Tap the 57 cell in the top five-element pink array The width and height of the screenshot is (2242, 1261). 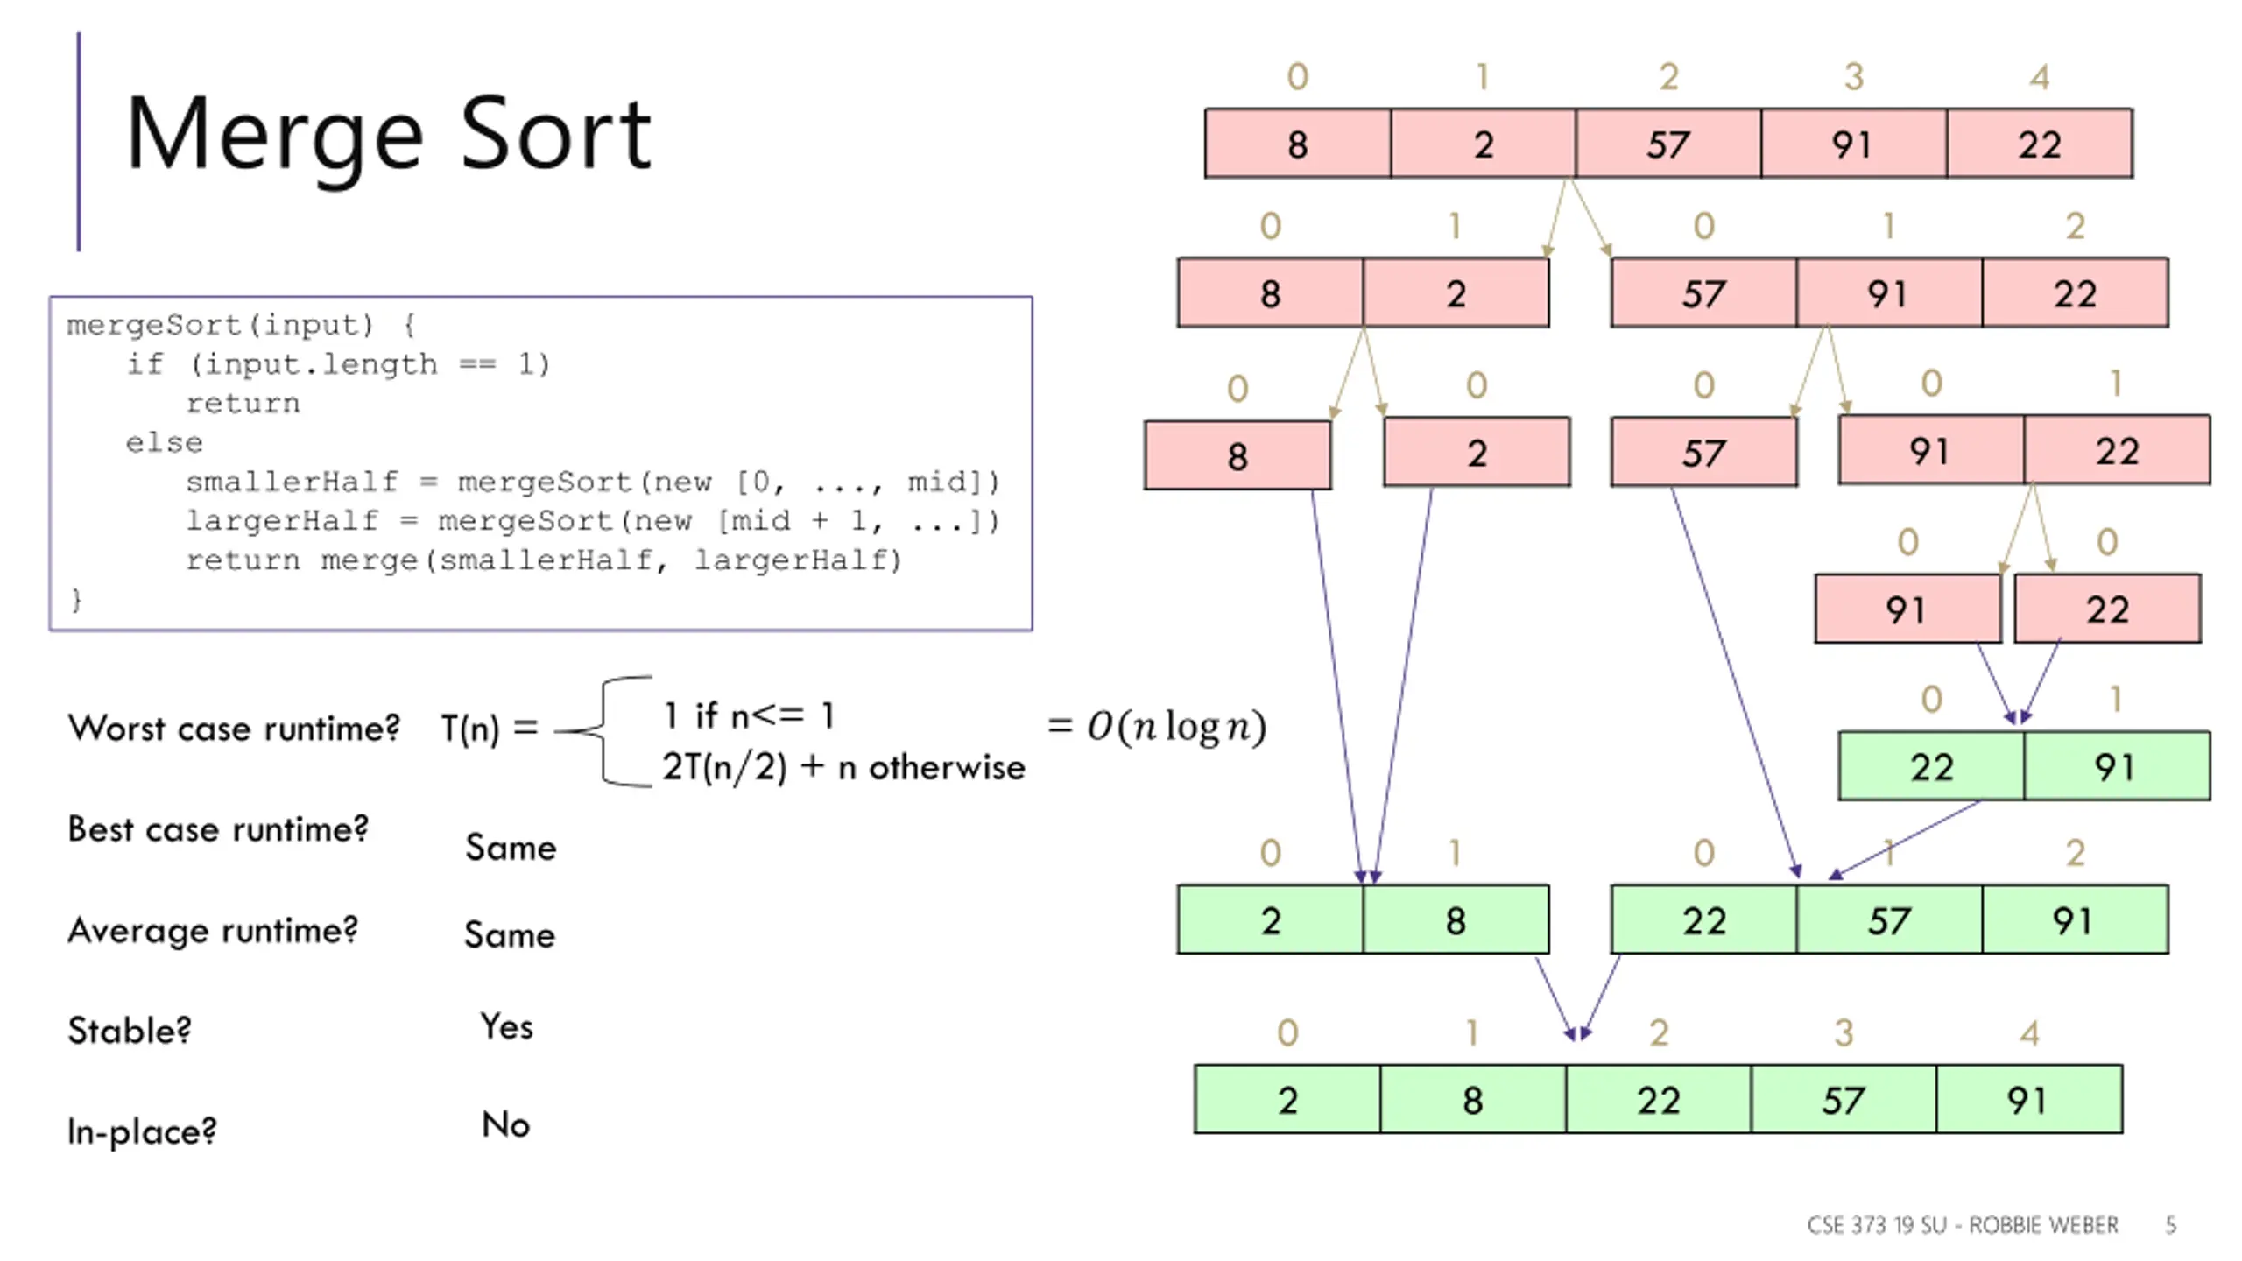(x=1667, y=144)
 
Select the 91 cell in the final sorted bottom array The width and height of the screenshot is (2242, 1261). (x=2029, y=1099)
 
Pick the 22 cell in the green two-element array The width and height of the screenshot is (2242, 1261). (x=1931, y=766)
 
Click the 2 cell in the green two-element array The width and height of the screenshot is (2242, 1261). (x=1271, y=919)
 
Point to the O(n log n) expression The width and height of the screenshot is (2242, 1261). (x=1176, y=726)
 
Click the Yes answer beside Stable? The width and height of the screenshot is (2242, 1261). (x=506, y=1026)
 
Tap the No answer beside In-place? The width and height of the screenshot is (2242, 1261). (x=505, y=1124)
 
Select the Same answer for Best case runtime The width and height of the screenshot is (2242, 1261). (x=511, y=848)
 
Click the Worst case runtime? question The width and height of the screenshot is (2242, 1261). (x=234, y=728)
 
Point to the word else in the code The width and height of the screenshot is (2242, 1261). (x=164, y=442)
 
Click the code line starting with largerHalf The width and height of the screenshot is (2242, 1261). (x=592, y=521)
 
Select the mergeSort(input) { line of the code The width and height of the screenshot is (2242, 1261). (x=242, y=325)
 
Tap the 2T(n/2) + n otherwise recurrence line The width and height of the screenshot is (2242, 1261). (x=843, y=767)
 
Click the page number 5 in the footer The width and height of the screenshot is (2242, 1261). (x=2171, y=1224)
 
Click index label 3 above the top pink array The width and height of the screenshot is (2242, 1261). (x=1853, y=77)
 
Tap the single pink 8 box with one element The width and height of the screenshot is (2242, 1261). (x=1237, y=455)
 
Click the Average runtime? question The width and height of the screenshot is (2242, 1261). (x=213, y=930)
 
